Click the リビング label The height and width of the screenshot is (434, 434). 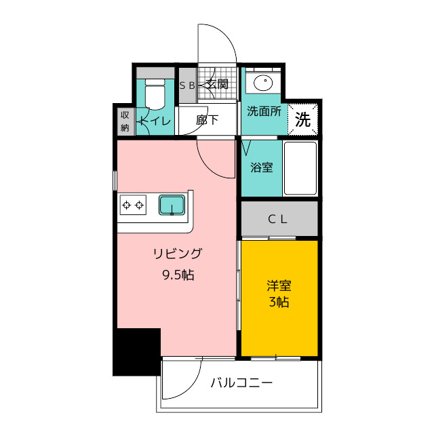[x=178, y=254]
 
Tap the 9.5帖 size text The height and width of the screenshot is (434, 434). [x=178, y=275]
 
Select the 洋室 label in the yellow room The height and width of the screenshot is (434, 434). [x=279, y=286]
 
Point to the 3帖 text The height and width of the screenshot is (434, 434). [x=279, y=302]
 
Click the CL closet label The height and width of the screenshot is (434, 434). [x=277, y=220]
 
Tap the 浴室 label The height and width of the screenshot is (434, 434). [x=262, y=167]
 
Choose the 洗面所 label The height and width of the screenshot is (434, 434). [x=264, y=111]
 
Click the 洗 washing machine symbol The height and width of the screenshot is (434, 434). [x=303, y=119]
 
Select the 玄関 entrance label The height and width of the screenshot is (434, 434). [x=218, y=84]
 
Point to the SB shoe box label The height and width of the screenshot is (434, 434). [x=187, y=86]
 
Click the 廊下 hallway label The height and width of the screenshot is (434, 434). [x=207, y=120]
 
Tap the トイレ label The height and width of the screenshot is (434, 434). [x=155, y=121]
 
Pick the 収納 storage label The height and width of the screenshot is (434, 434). [x=125, y=121]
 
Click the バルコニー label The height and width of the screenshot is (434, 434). [x=241, y=383]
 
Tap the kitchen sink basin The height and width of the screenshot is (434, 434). [x=172, y=205]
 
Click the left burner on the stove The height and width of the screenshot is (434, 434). [x=127, y=205]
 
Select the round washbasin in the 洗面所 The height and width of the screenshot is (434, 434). [x=263, y=81]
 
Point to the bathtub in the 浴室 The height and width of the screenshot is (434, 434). [x=300, y=168]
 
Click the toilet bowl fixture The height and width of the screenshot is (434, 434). [x=155, y=94]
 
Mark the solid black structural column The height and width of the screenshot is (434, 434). [x=137, y=352]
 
